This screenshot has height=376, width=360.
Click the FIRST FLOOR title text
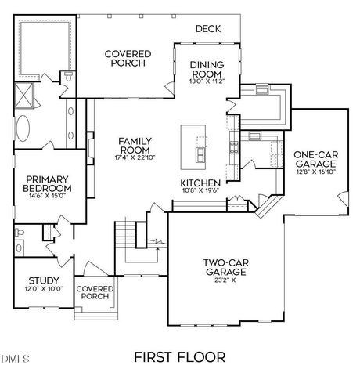click(179, 357)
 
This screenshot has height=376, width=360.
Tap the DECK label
click(208, 29)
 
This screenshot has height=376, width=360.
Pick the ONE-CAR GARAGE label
click(315, 160)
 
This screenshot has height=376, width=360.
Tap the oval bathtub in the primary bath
click(24, 127)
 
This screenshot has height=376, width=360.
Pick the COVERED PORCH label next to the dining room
click(128, 59)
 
